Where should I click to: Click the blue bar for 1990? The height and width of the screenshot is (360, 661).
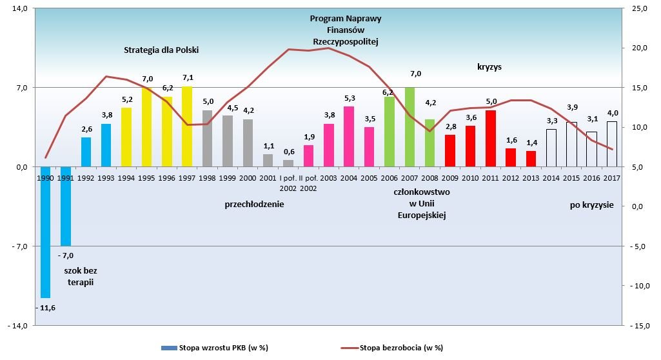coord(45,232)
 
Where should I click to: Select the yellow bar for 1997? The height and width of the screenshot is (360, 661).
coord(187,126)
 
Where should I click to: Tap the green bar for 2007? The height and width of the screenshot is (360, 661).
coord(409,126)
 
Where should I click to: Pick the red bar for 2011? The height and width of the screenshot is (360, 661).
coord(491,138)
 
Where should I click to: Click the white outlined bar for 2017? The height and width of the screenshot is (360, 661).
coord(612,144)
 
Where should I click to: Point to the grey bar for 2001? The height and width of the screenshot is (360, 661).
coord(268,160)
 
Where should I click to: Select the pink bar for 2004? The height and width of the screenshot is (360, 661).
coord(349,136)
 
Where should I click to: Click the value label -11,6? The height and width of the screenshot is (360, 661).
coord(46,308)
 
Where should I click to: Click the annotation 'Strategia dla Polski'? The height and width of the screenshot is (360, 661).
coord(162,49)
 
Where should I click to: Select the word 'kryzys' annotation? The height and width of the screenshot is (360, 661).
coord(489,66)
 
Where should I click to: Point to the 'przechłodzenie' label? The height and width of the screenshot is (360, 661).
coord(254,205)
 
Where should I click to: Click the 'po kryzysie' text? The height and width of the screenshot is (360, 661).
coord(591,205)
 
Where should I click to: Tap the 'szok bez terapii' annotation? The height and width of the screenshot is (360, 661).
coord(81,276)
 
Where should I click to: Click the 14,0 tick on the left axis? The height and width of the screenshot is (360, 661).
coord(19,8)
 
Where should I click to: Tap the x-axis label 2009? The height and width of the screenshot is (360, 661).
coord(450,177)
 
